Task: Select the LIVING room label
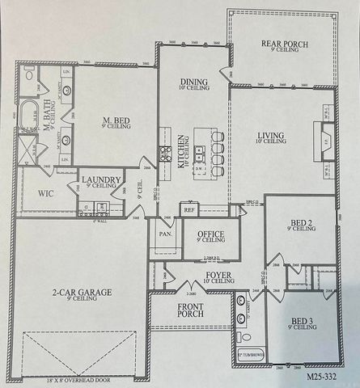(271, 136)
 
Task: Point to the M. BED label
(117, 121)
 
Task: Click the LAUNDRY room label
(100, 180)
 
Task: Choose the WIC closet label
(45, 194)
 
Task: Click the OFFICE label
(210, 234)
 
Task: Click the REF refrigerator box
(189, 209)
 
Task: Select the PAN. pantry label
(165, 234)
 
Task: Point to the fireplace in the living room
(324, 137)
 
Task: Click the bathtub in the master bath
(31, 113)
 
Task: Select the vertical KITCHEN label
(182, 150)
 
